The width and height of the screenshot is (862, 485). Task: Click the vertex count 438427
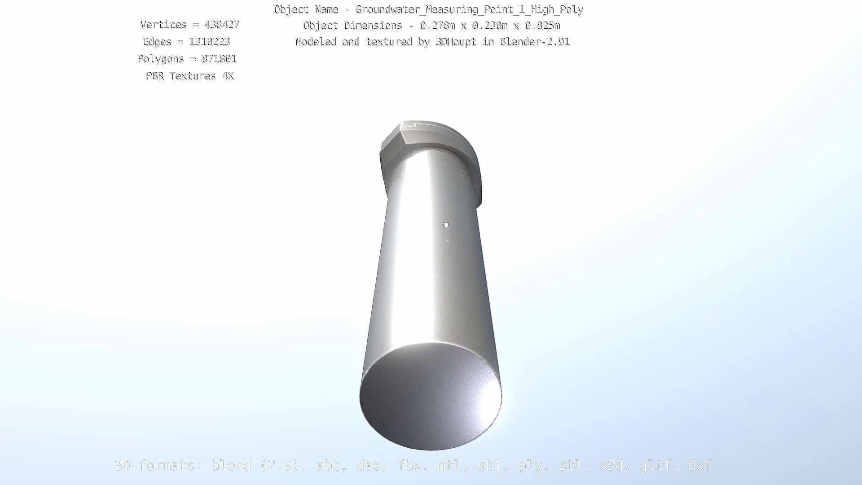point(222,25)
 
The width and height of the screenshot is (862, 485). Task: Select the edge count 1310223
point(210,42)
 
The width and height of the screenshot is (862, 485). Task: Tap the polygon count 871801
point(219,59)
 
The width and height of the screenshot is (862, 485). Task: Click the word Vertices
point(163,25)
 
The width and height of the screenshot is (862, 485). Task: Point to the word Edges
point(157,42)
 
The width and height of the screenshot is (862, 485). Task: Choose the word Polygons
point(160,59)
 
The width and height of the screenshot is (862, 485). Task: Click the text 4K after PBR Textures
point(228,76)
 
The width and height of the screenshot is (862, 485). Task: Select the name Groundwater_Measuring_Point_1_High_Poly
point(469,9)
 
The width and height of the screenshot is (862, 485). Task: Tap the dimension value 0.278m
point(437,26)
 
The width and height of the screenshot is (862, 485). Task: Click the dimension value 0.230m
point(490,26)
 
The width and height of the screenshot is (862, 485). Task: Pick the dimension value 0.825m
point(542,26)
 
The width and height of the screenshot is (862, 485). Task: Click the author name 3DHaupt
point(456,42)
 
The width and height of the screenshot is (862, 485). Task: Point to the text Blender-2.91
point(535,42)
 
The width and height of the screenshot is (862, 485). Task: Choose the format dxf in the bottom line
point(699,465)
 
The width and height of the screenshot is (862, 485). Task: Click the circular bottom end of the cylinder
point(430,397)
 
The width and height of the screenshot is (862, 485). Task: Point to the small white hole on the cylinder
point(446,225)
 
